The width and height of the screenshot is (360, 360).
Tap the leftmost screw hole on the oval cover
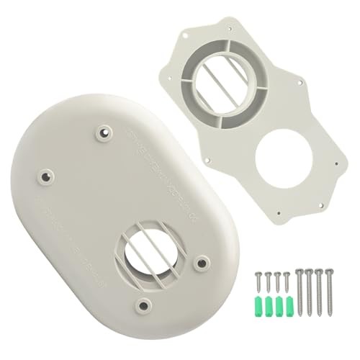(47, 174)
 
